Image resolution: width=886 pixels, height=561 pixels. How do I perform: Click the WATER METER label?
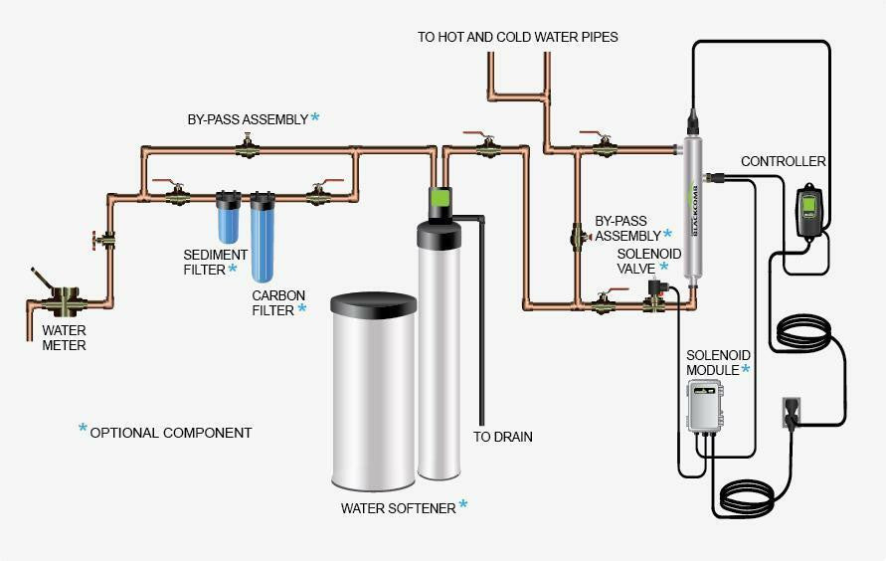(64, 338)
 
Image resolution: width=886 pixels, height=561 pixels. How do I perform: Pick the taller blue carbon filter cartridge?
(263, 239)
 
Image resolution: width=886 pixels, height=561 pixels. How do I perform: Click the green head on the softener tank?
(442, 199)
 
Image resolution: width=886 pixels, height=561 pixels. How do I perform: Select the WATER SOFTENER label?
(398, 508)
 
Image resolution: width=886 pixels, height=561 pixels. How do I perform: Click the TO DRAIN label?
(502, 437)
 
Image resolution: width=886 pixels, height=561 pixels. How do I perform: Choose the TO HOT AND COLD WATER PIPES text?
(517, 37)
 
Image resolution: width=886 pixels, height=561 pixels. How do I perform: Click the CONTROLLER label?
(784, 161)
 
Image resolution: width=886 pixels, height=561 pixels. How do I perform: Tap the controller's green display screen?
(808, 207)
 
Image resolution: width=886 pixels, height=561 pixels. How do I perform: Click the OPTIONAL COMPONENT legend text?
(170, 433)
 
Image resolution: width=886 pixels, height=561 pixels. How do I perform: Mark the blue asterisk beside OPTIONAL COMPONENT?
(83, 429)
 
